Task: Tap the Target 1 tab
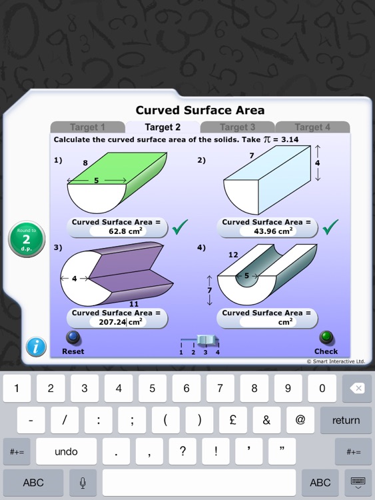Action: click(x=87, y=127)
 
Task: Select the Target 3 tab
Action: click(x=238, y=127)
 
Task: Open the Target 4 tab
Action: click(x=312, y=127)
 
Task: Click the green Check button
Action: click(x=326, y=338)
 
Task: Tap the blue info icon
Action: click(x=36, y=347)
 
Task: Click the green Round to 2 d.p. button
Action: click(x=27, y=239)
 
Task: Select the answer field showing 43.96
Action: click(x=266, y=231)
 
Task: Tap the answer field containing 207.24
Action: click(x=116, y=322)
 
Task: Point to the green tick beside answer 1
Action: click(x=179, y=228)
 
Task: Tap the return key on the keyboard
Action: click(x=346, y=420)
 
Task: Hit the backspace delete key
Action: click(x=356, y=388)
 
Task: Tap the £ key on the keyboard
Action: click(x=232, y=420)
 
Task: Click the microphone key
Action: click(x=83, y=483)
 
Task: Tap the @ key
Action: click(x=300, y=420)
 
